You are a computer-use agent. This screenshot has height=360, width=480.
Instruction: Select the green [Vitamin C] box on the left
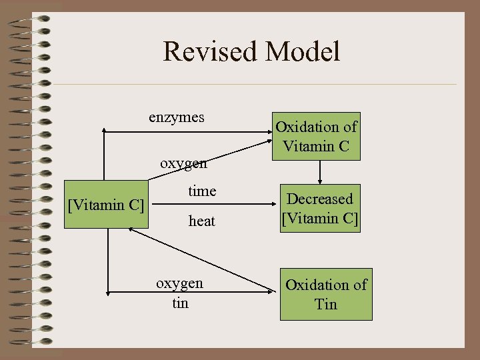(x=106, y=204)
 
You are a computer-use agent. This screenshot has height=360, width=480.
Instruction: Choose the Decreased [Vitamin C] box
(x=320, y=208)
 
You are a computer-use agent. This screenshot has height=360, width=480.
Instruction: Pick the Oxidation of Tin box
(x=326, y=294)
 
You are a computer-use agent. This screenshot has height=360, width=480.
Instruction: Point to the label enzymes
(x=177, y=118)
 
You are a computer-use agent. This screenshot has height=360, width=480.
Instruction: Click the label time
(x=202, y=191)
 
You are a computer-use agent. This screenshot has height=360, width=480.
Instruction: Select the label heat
(x=202, y=221)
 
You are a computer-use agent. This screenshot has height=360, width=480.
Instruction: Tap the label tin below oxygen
(x=180, y=303)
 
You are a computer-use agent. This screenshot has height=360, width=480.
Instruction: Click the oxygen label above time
(x=184, y=163)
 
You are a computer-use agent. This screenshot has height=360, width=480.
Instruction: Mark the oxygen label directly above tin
(x=180, y=283)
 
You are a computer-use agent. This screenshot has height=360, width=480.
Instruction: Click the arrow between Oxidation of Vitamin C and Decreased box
(x=321, y=172)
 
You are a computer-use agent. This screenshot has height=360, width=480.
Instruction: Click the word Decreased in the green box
(x=320, y=199)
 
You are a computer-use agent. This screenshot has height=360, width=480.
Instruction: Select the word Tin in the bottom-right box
(x=326, y=304)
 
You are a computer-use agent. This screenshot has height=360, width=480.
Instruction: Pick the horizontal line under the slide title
(x=253, y=84)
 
